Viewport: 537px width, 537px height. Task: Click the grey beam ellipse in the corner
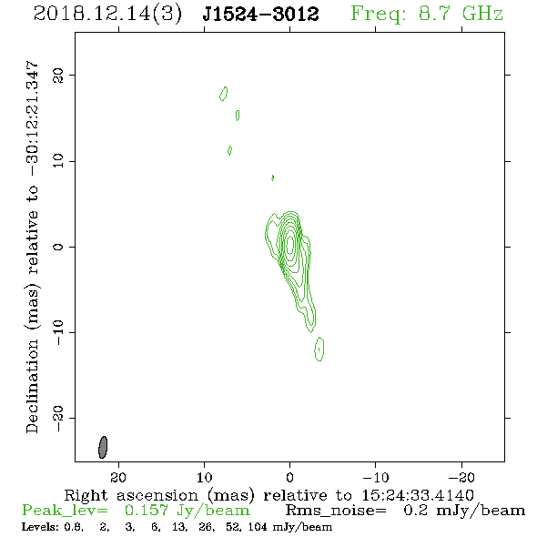tap(103, 447)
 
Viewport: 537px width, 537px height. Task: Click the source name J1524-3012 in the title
tap(261, 14)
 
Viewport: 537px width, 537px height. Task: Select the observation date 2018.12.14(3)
tap(107, 15)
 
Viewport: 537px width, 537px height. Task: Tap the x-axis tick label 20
tap(118, 477)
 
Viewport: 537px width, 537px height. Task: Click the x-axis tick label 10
tap(205, 477)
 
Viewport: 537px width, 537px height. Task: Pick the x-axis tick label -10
tap(376, 477)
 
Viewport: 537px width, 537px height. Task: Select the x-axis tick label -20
tap(461, 477)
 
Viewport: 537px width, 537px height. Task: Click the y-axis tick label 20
tap(58, 76)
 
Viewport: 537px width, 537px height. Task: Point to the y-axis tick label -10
tap(58, 332)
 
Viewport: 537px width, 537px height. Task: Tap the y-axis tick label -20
tap(58, 418)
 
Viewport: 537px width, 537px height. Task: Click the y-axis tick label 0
tap(58, 247)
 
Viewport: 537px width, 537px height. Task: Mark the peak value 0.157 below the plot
tap(147, 511)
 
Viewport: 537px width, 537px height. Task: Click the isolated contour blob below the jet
tap(319, 349)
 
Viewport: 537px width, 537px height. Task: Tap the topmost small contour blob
tap(224, 94)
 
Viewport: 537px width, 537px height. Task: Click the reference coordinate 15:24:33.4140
tap(418, 495)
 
